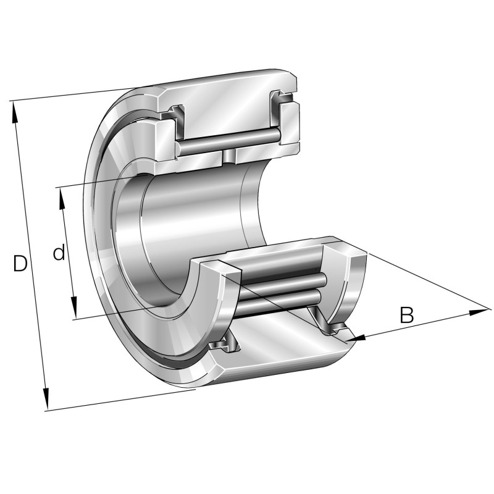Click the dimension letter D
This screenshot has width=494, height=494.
coord(20,264)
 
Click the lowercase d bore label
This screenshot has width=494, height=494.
coord(59,253)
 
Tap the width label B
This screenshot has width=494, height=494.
coord(406,315)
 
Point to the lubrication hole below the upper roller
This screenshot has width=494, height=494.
coord(230,156)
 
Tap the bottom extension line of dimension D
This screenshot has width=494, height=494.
coord(117,400)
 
